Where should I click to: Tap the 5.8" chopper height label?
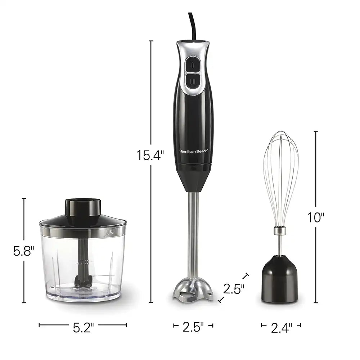point(24,251)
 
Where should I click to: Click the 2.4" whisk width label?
point(282,328)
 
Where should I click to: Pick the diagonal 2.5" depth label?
point(234,289)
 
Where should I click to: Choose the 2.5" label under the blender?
point(193,327)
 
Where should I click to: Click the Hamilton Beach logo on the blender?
point(194,151)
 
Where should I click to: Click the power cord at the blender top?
point(192,26)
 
